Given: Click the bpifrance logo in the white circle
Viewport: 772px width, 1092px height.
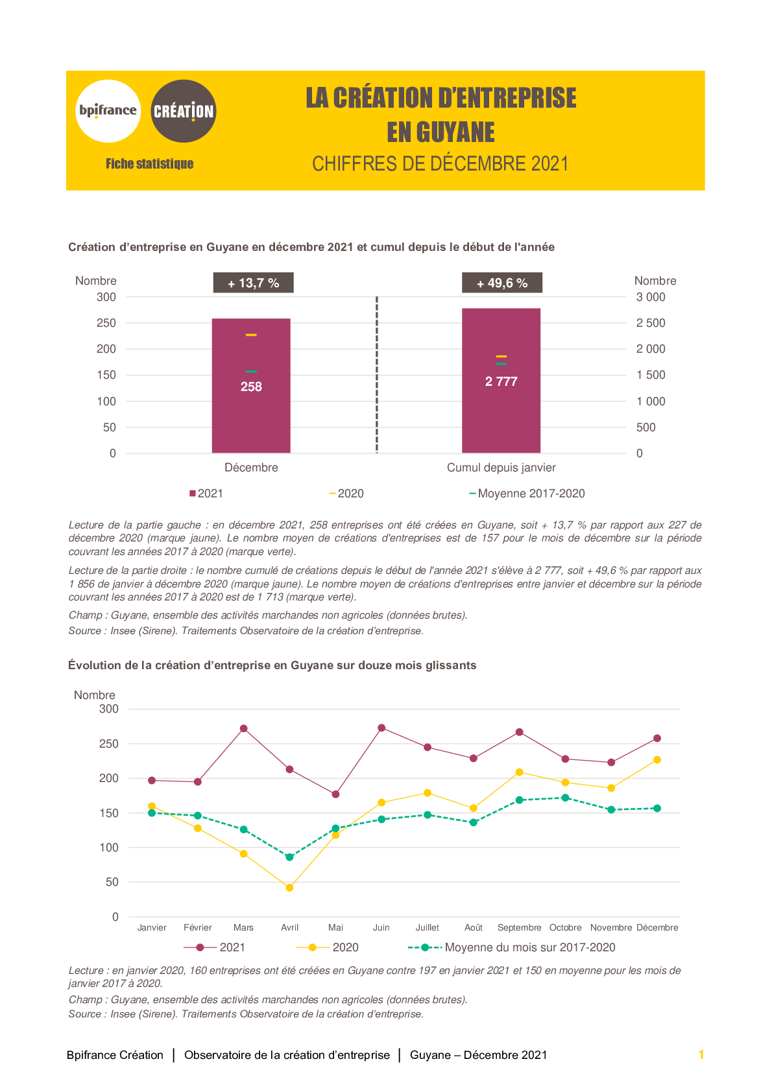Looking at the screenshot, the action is click(108, 111).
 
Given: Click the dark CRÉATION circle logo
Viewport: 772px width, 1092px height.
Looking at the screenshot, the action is click(184, 111).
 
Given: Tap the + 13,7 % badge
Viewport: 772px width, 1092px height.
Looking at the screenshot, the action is click(253, 283).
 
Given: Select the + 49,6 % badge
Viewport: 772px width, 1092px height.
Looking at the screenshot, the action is click(502, 283).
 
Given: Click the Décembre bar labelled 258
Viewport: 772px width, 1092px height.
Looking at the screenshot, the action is click(251, 386).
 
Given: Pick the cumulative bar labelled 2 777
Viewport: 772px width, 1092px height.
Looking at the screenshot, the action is click(501, 381).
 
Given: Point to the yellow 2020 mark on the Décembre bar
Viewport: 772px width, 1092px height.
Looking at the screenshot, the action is click(251, 335).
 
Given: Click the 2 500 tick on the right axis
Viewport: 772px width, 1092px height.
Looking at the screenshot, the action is click(651, 323).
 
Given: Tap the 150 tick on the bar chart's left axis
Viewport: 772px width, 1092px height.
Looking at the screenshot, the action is click(106, 375).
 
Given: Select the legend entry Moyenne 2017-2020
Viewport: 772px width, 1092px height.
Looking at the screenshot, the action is click(527, 493).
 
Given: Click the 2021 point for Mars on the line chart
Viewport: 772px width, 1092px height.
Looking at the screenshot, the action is click(244, 728).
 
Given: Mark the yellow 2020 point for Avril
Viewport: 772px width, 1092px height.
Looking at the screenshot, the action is click(290, 888).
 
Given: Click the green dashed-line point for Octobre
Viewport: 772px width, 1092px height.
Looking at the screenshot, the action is click(565, 798).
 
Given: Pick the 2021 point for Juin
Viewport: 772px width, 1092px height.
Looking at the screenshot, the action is click(382, 728).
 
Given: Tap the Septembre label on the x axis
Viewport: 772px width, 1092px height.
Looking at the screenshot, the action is click(520, 927).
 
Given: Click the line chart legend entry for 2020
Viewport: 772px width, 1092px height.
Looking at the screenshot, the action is click(327, 947).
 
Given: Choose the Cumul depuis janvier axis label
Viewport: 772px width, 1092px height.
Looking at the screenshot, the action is click(501, 468).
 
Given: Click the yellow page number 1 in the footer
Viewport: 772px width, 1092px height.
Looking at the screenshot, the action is click(701, 1054).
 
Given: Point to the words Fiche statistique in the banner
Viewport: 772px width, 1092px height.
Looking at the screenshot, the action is click(150, 164).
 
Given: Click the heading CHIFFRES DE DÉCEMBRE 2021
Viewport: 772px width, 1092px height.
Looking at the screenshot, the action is click(440, 164).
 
